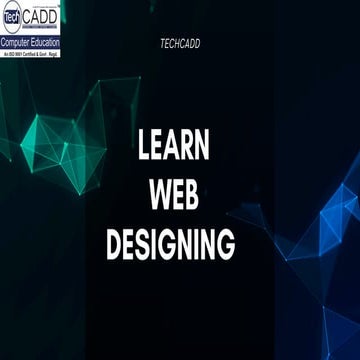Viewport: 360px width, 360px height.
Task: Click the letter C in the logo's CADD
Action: pyautogui.click(x=38, y=16)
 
